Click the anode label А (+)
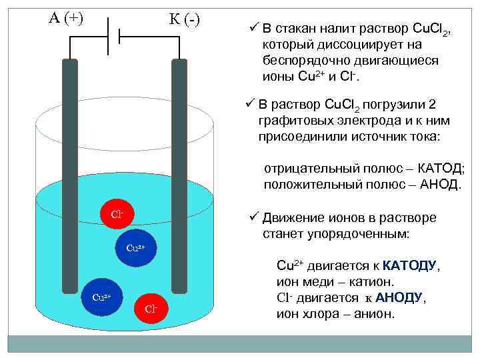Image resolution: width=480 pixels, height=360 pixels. (66, 18)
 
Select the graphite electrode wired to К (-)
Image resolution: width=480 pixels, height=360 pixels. (179, 173)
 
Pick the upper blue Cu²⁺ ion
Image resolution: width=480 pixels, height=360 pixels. (135, 248)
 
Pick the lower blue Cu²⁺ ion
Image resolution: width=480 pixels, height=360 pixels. (101, 296)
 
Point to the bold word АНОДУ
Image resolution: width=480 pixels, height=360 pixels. (399, 297)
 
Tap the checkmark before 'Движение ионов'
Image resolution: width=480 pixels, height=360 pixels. (253, 217)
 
